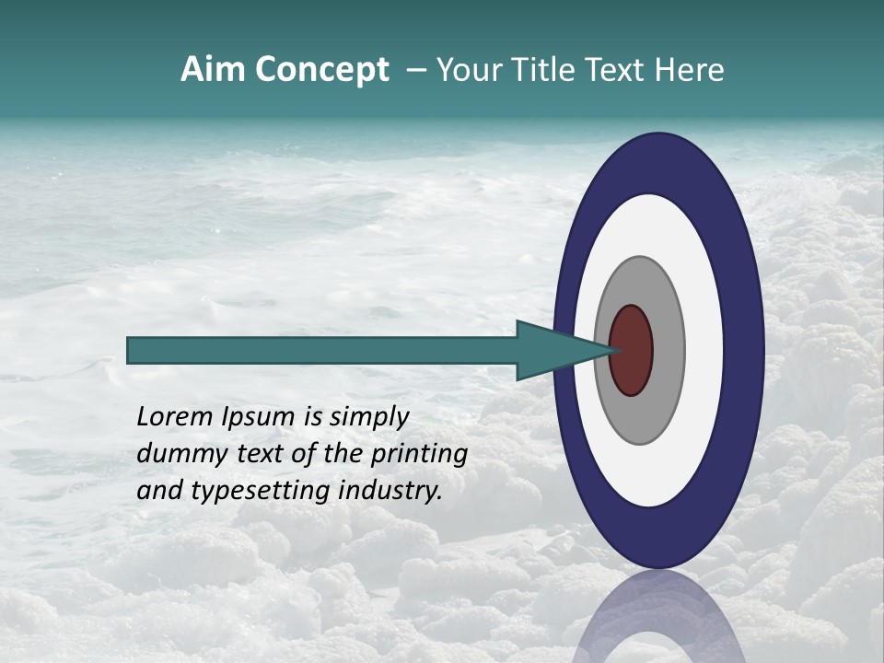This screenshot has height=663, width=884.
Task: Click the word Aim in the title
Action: coord(214,70)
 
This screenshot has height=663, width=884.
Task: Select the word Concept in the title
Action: coord(321,70)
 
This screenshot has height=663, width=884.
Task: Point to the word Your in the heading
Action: coord(465,70)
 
